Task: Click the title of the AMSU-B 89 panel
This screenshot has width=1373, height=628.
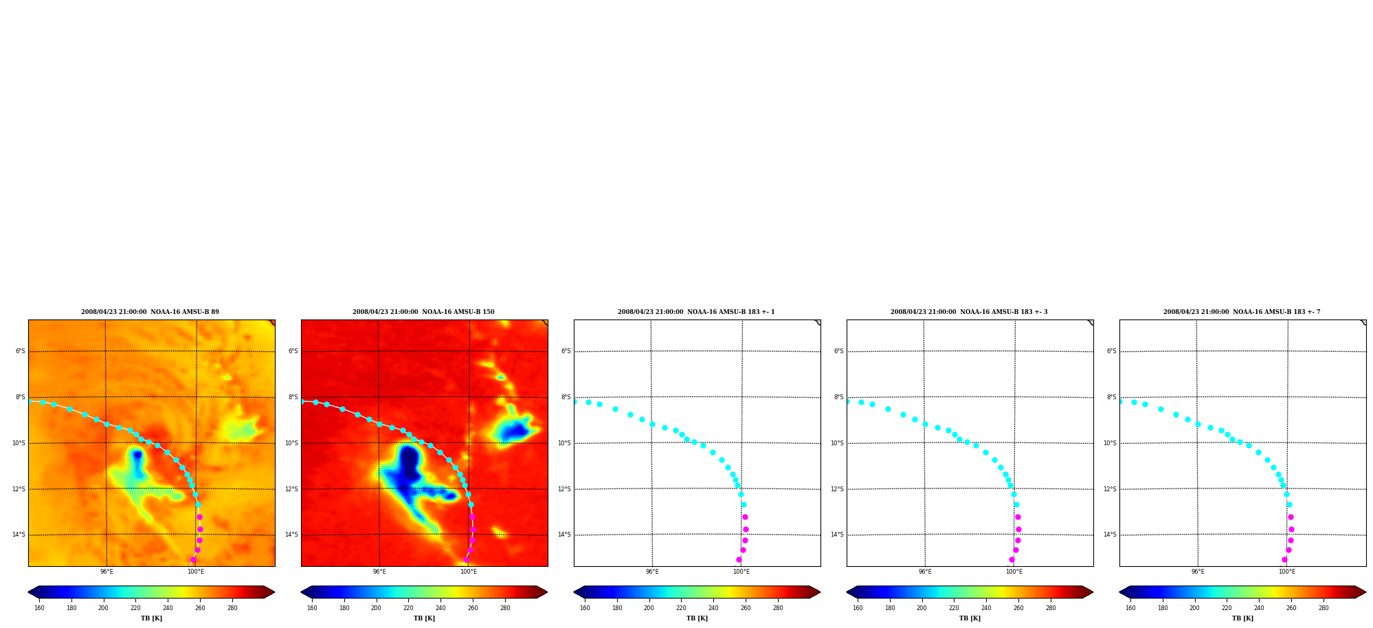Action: pos(150,312)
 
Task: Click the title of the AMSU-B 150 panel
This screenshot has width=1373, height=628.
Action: pos(423,312)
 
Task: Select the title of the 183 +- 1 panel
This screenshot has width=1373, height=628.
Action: pos(696,312)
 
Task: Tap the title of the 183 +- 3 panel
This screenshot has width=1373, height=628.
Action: pos(969,312)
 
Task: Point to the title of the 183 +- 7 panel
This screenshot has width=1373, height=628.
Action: pos(1242,312)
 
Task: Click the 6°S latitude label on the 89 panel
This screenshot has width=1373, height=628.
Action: pos(21,351)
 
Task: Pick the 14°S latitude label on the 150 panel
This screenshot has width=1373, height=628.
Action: pos(291,535)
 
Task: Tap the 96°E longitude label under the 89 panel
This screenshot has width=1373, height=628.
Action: pos(107,572)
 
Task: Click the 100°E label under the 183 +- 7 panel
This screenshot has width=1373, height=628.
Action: pos(1287,572)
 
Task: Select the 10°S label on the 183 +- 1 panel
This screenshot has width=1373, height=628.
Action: pos(564,443)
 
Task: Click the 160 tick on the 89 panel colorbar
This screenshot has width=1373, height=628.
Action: pos(39,608)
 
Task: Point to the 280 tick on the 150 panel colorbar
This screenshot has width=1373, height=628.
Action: pos(505,608)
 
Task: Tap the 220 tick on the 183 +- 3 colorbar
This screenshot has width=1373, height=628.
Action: pos(954,608)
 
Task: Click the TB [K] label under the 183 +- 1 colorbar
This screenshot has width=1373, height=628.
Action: pos(697,618)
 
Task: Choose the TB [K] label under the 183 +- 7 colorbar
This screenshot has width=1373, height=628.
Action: pos(1242,618)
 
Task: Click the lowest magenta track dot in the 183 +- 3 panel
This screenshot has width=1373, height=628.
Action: pos(1012,559)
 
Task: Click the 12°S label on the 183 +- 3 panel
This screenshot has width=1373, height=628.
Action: pos(837,489)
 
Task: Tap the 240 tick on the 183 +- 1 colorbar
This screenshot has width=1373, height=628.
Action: pos(713,608)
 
